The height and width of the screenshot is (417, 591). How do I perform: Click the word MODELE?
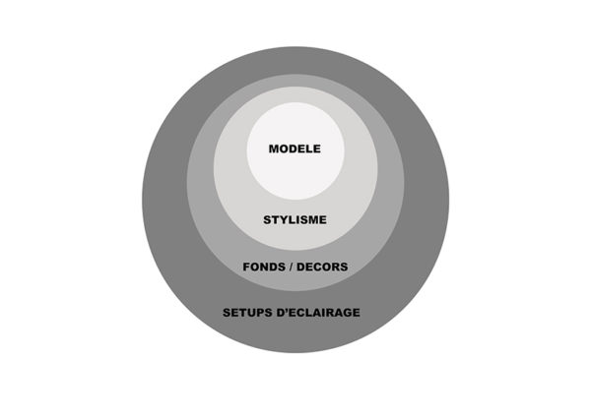coord(295,149)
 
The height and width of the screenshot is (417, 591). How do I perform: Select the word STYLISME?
coord(295,219)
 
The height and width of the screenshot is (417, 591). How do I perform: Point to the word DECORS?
coord(322,267)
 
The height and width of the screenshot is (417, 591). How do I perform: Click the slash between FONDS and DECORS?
coord(291,267)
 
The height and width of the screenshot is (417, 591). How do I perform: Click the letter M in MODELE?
coord(274,149)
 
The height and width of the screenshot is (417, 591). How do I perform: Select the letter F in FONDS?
coord(246,267)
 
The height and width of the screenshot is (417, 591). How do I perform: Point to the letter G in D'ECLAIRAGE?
coord(347,313)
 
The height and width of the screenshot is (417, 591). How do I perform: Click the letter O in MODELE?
coord(285,149)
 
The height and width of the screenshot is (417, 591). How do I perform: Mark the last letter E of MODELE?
coord(317,149)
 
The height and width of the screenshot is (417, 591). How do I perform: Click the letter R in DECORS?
coord(336,267)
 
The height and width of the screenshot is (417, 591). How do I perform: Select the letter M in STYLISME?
coord(312,219)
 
